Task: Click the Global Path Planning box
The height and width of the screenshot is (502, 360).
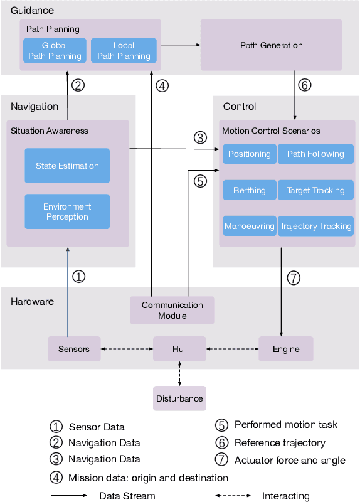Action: point(54,51)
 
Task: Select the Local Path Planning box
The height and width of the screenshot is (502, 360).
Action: point(124,51)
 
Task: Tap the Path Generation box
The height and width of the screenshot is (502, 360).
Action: point(271,45)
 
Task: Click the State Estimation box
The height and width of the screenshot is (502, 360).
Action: point(67,166)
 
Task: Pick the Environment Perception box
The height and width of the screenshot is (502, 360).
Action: point(67,211)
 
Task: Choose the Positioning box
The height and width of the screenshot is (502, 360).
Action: point(249,154)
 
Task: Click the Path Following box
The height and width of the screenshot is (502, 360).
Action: point(315,154)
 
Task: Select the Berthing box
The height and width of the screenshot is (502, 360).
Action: point(249,190)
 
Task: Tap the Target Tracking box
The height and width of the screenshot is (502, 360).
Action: point(315,190)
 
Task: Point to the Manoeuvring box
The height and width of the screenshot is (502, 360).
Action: point(249,227)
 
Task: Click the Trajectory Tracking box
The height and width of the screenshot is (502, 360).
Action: point(315,227)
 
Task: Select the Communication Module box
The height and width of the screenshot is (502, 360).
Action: point(172,310)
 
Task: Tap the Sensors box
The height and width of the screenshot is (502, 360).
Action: point(74,349)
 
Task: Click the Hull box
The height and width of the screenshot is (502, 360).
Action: point(179,349)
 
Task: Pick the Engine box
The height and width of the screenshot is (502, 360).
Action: point(285,349)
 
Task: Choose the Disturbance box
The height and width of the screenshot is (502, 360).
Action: point(179,398)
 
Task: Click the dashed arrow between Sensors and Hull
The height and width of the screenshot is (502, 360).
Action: point(127,349)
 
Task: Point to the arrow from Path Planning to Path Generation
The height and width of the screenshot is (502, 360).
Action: point(181,45)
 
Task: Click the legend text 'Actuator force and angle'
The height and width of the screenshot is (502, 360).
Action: point(290,461)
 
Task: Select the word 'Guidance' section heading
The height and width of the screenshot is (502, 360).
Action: point(33,11)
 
